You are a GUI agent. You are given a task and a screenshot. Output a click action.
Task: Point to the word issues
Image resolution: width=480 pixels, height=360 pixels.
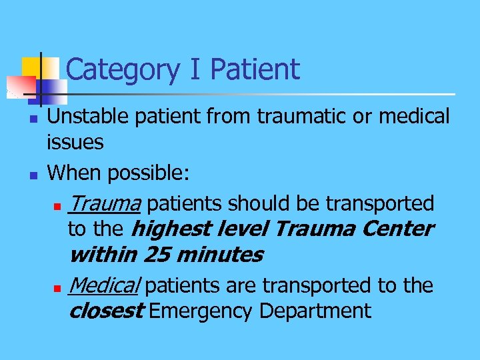tap(75, 141)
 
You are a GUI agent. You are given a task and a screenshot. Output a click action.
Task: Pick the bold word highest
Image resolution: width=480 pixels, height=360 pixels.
tap(169, 229)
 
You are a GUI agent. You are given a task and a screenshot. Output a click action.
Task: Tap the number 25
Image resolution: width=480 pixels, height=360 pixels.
tap(160, 255)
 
